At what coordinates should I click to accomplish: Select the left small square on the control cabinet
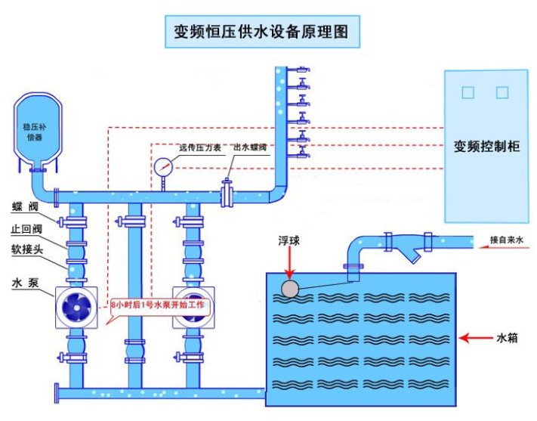click(468, 92)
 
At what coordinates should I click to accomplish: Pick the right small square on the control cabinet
click(502, 92)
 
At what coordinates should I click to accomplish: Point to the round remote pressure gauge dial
click(163, 166)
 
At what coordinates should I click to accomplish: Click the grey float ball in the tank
click(290, 288)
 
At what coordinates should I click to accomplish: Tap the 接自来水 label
click(506, 241)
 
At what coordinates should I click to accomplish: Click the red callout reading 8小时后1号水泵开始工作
click(162, 306)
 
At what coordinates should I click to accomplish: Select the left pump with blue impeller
click(77, 305)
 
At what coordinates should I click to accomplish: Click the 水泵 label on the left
click(21, 283)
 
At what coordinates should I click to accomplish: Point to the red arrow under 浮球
click(289, 264)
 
